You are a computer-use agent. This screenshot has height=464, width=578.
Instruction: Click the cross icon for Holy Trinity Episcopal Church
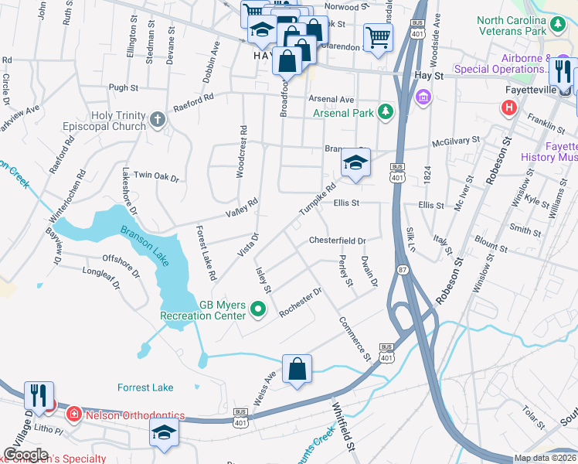coord(158,119)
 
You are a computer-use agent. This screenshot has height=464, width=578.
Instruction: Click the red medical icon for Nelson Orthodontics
coord(73,414)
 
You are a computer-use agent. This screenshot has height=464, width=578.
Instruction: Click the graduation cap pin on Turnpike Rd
coord(355,163)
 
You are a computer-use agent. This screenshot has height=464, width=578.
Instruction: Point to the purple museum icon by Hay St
coord(423,97)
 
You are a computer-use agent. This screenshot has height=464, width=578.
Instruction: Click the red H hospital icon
coord(508,107)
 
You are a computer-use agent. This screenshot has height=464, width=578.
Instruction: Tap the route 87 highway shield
coord(403,269)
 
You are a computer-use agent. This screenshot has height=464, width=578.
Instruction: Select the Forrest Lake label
coord(145,387)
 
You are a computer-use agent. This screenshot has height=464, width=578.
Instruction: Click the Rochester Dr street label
coord(300,302)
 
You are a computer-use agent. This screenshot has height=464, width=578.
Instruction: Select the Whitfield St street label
coord(343,425)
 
